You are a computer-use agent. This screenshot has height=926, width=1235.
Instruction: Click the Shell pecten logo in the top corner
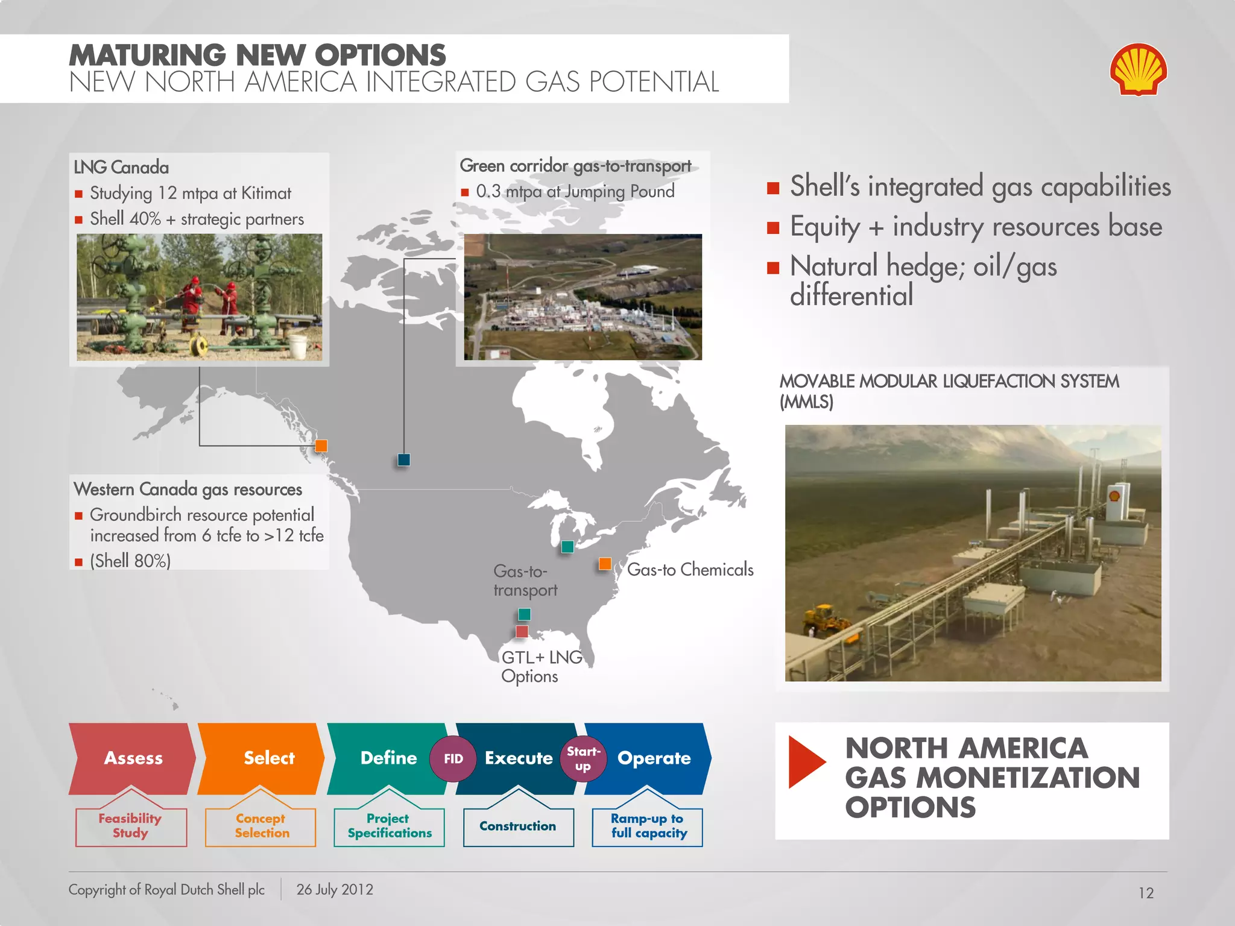point(1138,69)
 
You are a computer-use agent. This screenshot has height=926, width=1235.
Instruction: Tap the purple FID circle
point(453,759)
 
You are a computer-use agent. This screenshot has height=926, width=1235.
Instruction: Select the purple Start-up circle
point(583,759)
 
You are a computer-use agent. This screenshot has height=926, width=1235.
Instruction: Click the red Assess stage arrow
point(133,758)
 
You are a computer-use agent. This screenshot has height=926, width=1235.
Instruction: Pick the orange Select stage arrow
point(263,758)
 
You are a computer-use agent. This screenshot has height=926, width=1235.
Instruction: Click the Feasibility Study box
point(131,827)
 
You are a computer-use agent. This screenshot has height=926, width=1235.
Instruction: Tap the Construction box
point(518,827)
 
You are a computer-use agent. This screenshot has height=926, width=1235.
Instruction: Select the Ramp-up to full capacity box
point(648,827)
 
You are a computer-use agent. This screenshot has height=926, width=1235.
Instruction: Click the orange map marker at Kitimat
point(321,446)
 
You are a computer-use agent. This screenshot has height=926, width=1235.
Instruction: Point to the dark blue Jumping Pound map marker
point(404,460)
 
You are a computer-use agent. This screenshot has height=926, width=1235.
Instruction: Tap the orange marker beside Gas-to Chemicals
point(605,564)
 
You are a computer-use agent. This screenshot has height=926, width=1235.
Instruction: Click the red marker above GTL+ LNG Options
point(522,632)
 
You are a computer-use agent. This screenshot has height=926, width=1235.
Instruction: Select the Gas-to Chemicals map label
point(690,570)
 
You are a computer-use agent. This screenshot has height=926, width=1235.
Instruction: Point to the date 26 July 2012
point(335,890)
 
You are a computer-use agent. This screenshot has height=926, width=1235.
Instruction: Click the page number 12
point(1146,893)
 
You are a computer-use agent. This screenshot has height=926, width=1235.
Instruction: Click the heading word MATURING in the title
point(147,55)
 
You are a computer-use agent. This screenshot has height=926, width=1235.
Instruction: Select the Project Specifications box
point(390,827)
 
